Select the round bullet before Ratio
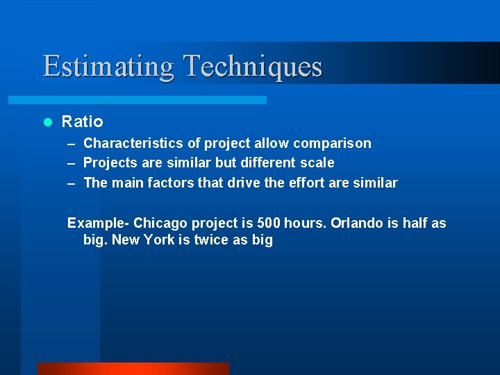[48, 122]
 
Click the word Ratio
[82, 122]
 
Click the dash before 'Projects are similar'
[72, 163]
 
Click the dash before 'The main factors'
[72, 183]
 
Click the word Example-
[98, 224]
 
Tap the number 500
[269, 224]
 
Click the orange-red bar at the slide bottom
[133, 369]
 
